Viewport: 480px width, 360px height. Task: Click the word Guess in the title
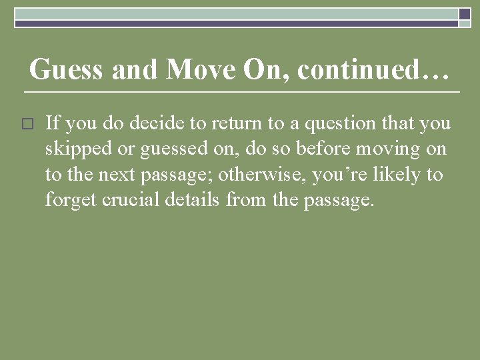[67, 69]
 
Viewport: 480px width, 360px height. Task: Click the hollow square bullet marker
[27, 125]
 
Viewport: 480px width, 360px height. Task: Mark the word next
[117, 175]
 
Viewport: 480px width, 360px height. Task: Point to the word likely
[401, 175]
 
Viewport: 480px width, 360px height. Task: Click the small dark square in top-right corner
[465, 13]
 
